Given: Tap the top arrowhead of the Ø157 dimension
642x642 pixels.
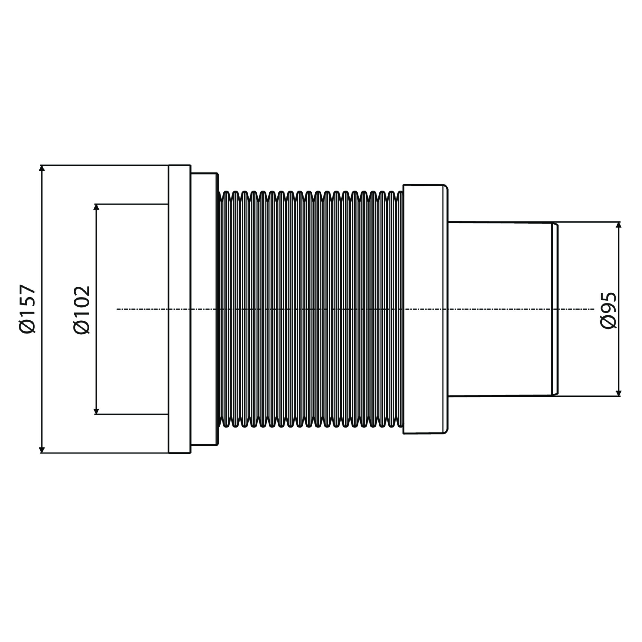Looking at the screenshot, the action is click(x=42, y=168).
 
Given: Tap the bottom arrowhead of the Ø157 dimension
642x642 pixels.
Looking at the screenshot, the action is click(x=42, y=450).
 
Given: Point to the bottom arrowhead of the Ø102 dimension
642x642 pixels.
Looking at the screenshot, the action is click(x=96, y=411).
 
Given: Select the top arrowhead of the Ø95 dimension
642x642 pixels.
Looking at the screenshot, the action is click(x=618, y=225).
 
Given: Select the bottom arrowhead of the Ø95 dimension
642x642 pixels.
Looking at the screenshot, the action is click(x=618, y=393).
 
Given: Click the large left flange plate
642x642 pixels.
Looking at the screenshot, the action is click(x=180, y=309).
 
